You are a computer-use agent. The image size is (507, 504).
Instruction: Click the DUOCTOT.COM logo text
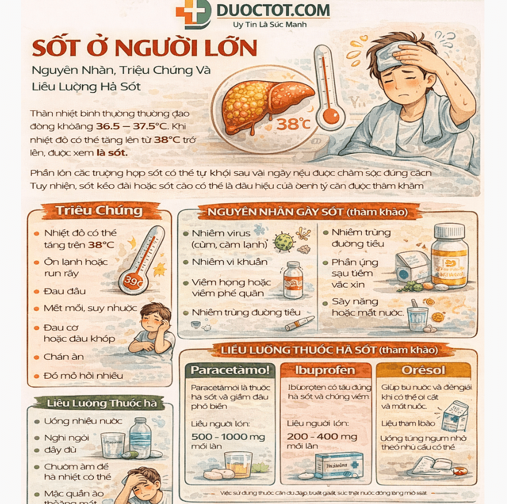tap(273, 10)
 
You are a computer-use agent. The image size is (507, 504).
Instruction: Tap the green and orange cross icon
tap(193, 13)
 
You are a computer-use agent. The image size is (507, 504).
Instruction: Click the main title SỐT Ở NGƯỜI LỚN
tap(144, 48)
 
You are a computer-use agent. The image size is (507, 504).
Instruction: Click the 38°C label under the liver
tap(294, 124)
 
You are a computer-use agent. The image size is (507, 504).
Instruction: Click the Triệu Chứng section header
tap(99, 210)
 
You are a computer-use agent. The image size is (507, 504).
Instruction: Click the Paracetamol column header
tap(230, 370)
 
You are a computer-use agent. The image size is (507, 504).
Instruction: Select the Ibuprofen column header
tap(325, 370)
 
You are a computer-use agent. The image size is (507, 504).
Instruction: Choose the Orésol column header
tap(423, 370)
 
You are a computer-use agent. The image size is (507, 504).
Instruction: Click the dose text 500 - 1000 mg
tap(228, 437)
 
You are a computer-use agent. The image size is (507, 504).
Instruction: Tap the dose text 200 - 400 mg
tap(322, 436)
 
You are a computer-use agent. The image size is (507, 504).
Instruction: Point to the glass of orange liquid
tap(238, 463)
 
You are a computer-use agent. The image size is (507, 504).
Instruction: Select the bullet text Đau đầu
tap(65, 291)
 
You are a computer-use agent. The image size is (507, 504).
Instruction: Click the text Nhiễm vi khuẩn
tap(229, 262)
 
